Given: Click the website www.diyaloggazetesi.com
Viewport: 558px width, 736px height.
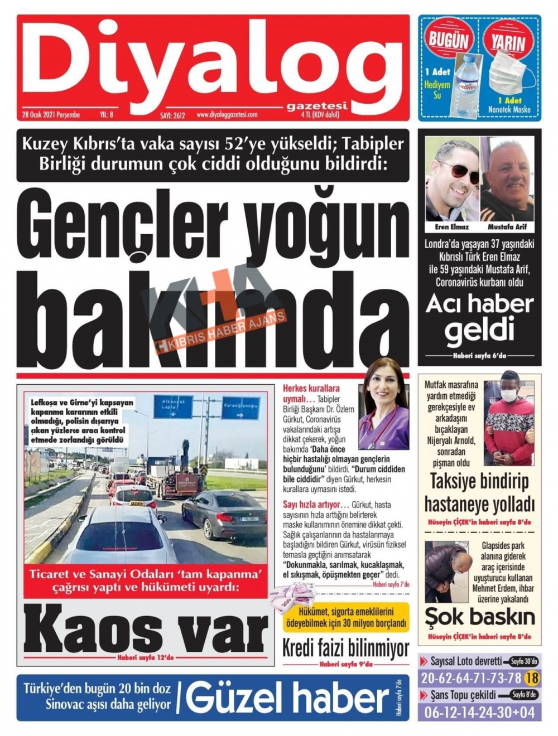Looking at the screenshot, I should coord(227,115).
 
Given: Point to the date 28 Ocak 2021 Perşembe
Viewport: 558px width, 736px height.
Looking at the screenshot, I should coord(51,115).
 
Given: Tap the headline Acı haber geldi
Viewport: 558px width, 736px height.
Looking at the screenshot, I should coord(479,317).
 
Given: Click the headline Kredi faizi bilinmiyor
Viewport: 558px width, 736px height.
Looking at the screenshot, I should coord(345,648).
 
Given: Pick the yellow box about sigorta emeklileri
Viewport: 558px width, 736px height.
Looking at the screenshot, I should coord(345,617).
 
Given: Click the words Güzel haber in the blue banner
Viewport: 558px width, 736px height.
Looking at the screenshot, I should coord(287,698).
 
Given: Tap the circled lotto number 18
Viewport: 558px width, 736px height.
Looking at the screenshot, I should coord(532,678).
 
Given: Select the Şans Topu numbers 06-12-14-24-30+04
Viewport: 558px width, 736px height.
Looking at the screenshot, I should coord(479,712).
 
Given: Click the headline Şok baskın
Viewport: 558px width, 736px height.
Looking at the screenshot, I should coord(479,617).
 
